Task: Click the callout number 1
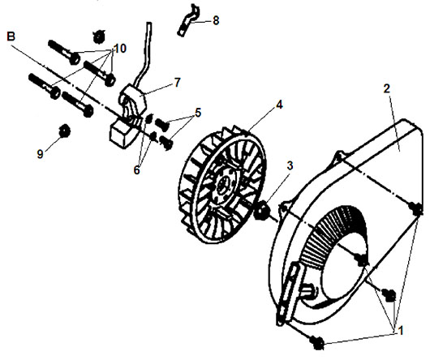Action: (x=400, y=331)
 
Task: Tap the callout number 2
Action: (x=386, y=88)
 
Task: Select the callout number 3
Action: (x=290, y=165)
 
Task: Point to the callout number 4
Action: (x=279, y=105)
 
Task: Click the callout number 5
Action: (x=198, y=113)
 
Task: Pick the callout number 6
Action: (x=136, y=170)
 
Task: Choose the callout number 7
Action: (x=177, y=83)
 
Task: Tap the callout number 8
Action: (x=216, y=21)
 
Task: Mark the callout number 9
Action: (x=40, y=154)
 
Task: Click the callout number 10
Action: (x=119, y=49)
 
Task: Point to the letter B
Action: (x=11, y=36)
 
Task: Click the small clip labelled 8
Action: (x=189, y=19)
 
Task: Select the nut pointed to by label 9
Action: (x=64, y=131)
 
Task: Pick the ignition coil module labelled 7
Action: (x=128, y=117)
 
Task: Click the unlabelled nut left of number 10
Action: (x=98, y=36)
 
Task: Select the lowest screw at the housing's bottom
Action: (x=316, y=342)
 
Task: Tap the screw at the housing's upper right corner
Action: (x=416, y=209)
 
